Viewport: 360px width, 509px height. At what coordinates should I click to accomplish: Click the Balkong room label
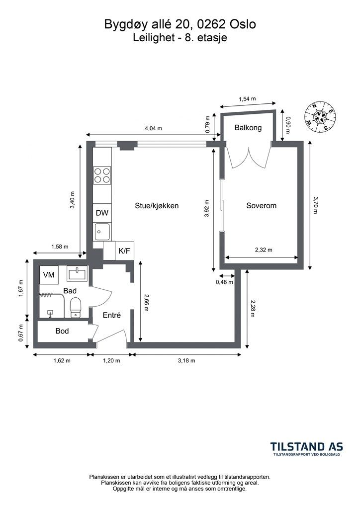pyautogui.click(x=248, y=128)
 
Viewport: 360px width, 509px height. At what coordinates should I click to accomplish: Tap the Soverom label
pyautogui.click(x=262, y=205)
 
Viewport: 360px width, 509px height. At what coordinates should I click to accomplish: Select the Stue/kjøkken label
pyautogui.click(x=157, y=206)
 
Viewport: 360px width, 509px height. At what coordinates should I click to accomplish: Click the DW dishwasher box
pyautogui.click(x=102, y=213)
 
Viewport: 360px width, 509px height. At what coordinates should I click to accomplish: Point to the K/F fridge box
pyautogui.click(x=124, y=251)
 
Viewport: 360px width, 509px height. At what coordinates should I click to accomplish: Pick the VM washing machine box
pyautogui.click(x=49, y=274)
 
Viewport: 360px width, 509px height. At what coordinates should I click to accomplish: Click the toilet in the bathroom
pyautogui.click(x=76, y=307)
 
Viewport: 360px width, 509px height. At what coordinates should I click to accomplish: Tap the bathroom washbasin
pyautogui.click(x=77, y=273)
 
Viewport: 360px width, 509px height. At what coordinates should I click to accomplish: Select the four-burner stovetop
pyautogui.click(x=102, y=175)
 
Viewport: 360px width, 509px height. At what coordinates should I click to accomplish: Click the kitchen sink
pyautogui.click(x=102, y=232)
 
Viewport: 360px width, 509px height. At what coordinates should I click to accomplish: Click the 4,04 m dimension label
pyautogui.click(x=153, y=128)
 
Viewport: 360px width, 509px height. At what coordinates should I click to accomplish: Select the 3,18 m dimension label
pyautogui.click(x=186, y=360)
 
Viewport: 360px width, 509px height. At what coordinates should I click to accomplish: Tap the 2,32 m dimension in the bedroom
pyautogui.click(x=264, y=250)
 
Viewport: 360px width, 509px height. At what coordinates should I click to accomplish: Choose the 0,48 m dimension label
pyautogui.click(x=225, y=282)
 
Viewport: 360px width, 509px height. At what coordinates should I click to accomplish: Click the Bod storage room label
pyautogui.click(x=62, y=331)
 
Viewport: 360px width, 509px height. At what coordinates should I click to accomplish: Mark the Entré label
pyautogui.click(x=112, y=315)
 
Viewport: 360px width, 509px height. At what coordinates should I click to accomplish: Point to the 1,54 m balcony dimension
pyautogui.click(x=247, y=99)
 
